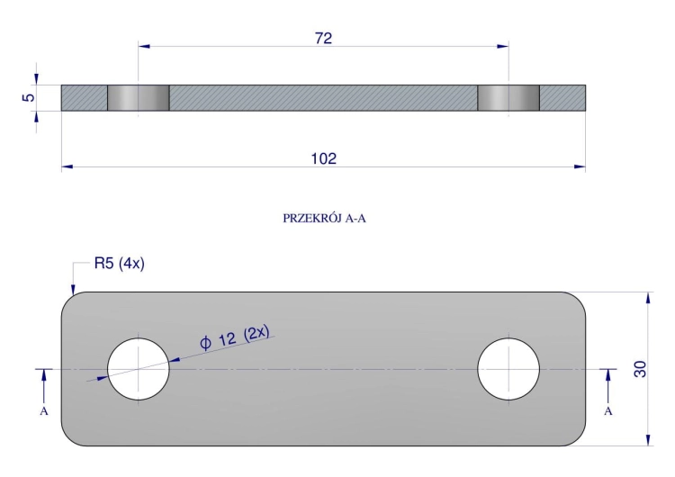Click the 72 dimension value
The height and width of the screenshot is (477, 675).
[x=323, y=39]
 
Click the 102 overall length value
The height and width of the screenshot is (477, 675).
[x=324, y=159]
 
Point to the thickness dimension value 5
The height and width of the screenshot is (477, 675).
[x=28, y=97]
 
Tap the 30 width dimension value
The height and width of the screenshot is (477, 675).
[x=640, y=369]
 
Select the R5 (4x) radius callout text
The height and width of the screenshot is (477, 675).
[x=119, y=263]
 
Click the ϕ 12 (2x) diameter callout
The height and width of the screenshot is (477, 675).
[x=235, y=337]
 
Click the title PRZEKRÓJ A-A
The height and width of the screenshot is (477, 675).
[x=324, y=219]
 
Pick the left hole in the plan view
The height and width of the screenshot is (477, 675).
[x=139, y=369]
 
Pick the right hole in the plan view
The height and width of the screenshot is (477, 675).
[x=508, y=369]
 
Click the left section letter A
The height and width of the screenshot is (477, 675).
[x=44, y=411]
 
